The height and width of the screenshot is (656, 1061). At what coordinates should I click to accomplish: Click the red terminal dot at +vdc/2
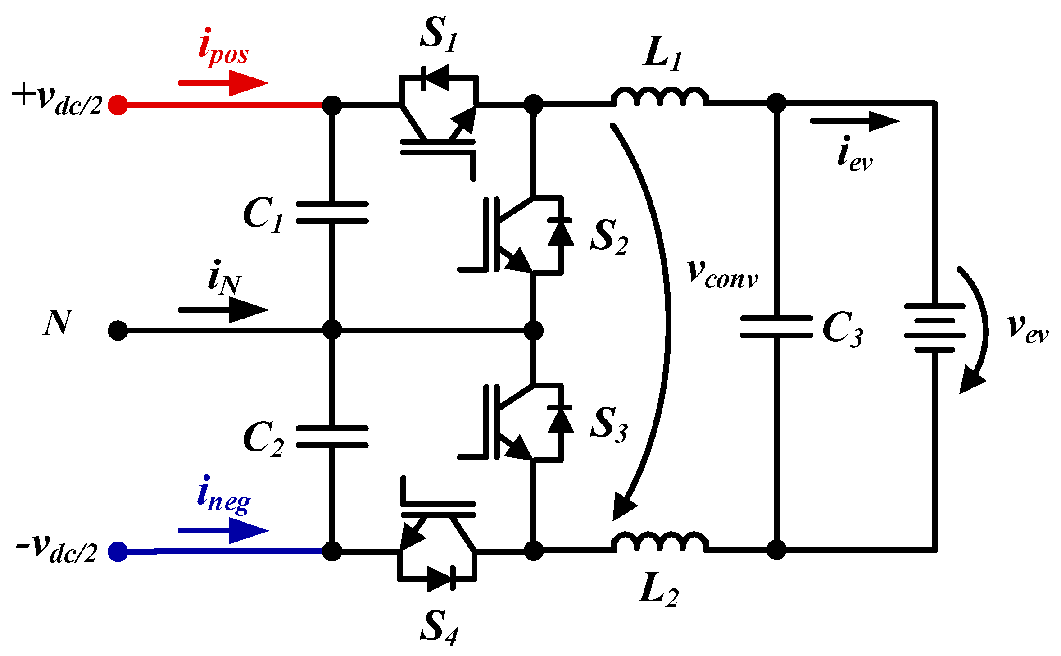(x=118, y=105)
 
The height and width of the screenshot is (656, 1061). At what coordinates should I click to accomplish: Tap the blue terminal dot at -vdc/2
(x=118, y=551)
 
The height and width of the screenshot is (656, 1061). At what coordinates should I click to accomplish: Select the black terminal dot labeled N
(x=118, y=331)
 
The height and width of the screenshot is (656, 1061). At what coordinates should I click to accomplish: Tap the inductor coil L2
(x=660, y=542)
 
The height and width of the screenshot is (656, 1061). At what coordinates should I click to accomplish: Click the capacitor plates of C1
(x=332, y=213)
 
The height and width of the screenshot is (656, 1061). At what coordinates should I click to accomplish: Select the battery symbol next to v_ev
(x=935, y=328)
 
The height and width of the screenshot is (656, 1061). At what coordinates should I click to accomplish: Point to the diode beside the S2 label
(x=561, y=232)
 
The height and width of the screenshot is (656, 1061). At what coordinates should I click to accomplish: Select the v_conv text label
(x=723, y=274)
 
